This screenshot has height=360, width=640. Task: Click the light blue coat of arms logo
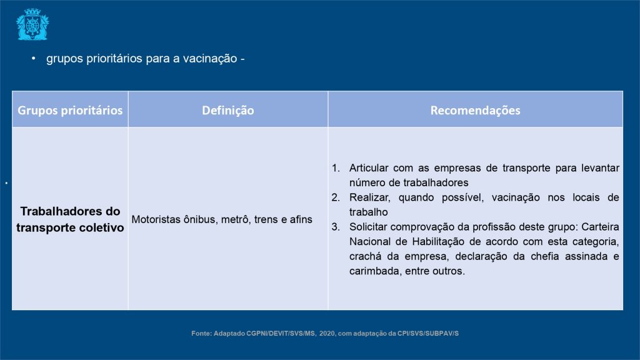(x=32, y=24)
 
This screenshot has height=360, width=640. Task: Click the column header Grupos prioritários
(x=70, y=110)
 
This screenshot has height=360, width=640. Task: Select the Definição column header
(x=227, y=110)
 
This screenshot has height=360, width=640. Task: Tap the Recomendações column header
(x=475, y=110)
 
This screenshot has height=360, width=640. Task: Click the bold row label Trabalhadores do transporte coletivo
(x=70, y=219)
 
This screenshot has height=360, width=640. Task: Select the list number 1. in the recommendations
(x=336, y=167)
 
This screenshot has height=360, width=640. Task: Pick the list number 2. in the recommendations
(x=336, y=197)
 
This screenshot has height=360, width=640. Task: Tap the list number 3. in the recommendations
(x=336, y=226)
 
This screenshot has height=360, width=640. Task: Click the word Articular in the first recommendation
(x=369, y=167)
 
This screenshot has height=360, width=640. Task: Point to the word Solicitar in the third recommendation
(x=367, y=226)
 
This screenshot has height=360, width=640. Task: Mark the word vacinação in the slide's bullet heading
(x=210, y=59)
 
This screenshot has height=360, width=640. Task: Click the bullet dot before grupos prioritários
(x=34, y=59)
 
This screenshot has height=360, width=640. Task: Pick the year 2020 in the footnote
(x=327, y=333)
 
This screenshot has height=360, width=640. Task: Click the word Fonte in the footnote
(x=201, y=333)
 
